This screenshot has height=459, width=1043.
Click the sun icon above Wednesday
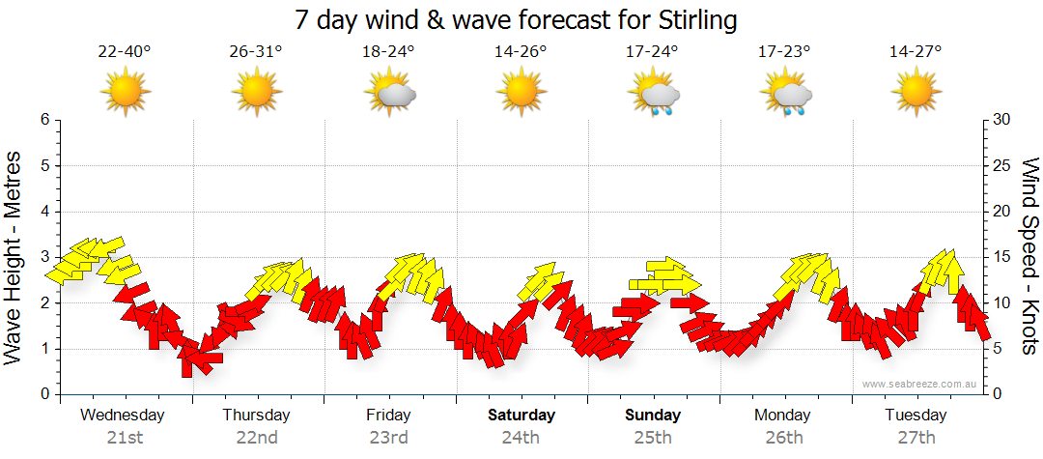point(125,94)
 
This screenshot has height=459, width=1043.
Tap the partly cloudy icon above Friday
point(389,95)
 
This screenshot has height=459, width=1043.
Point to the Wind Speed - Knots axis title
point(1029,257)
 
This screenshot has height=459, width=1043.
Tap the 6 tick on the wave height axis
point(43,120)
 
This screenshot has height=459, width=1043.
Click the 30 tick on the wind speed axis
point(1002,120)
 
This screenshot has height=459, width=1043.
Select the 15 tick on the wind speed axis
point(1002,257)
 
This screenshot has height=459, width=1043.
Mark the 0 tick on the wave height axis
point(43,394)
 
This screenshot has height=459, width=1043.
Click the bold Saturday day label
point(521,416)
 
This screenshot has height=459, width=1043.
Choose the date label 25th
point(653,438)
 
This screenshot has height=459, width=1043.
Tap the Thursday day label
point(256,416)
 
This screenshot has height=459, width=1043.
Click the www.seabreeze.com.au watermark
point(920,384)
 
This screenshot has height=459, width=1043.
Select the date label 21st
point(124,438)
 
